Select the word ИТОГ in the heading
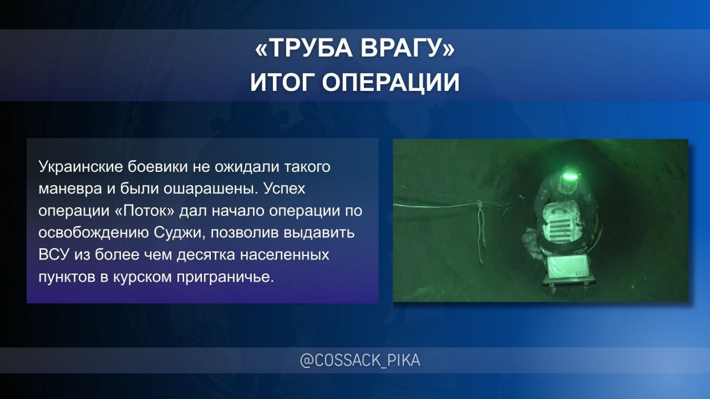point(282,83)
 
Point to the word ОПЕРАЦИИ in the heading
point(391,83)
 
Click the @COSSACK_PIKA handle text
point(360,361)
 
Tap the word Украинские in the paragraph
point(80,167)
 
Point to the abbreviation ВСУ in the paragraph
point(54,255)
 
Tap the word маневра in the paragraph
point(70,189)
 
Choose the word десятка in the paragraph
point(206,255)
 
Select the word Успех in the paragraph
point(285,189)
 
